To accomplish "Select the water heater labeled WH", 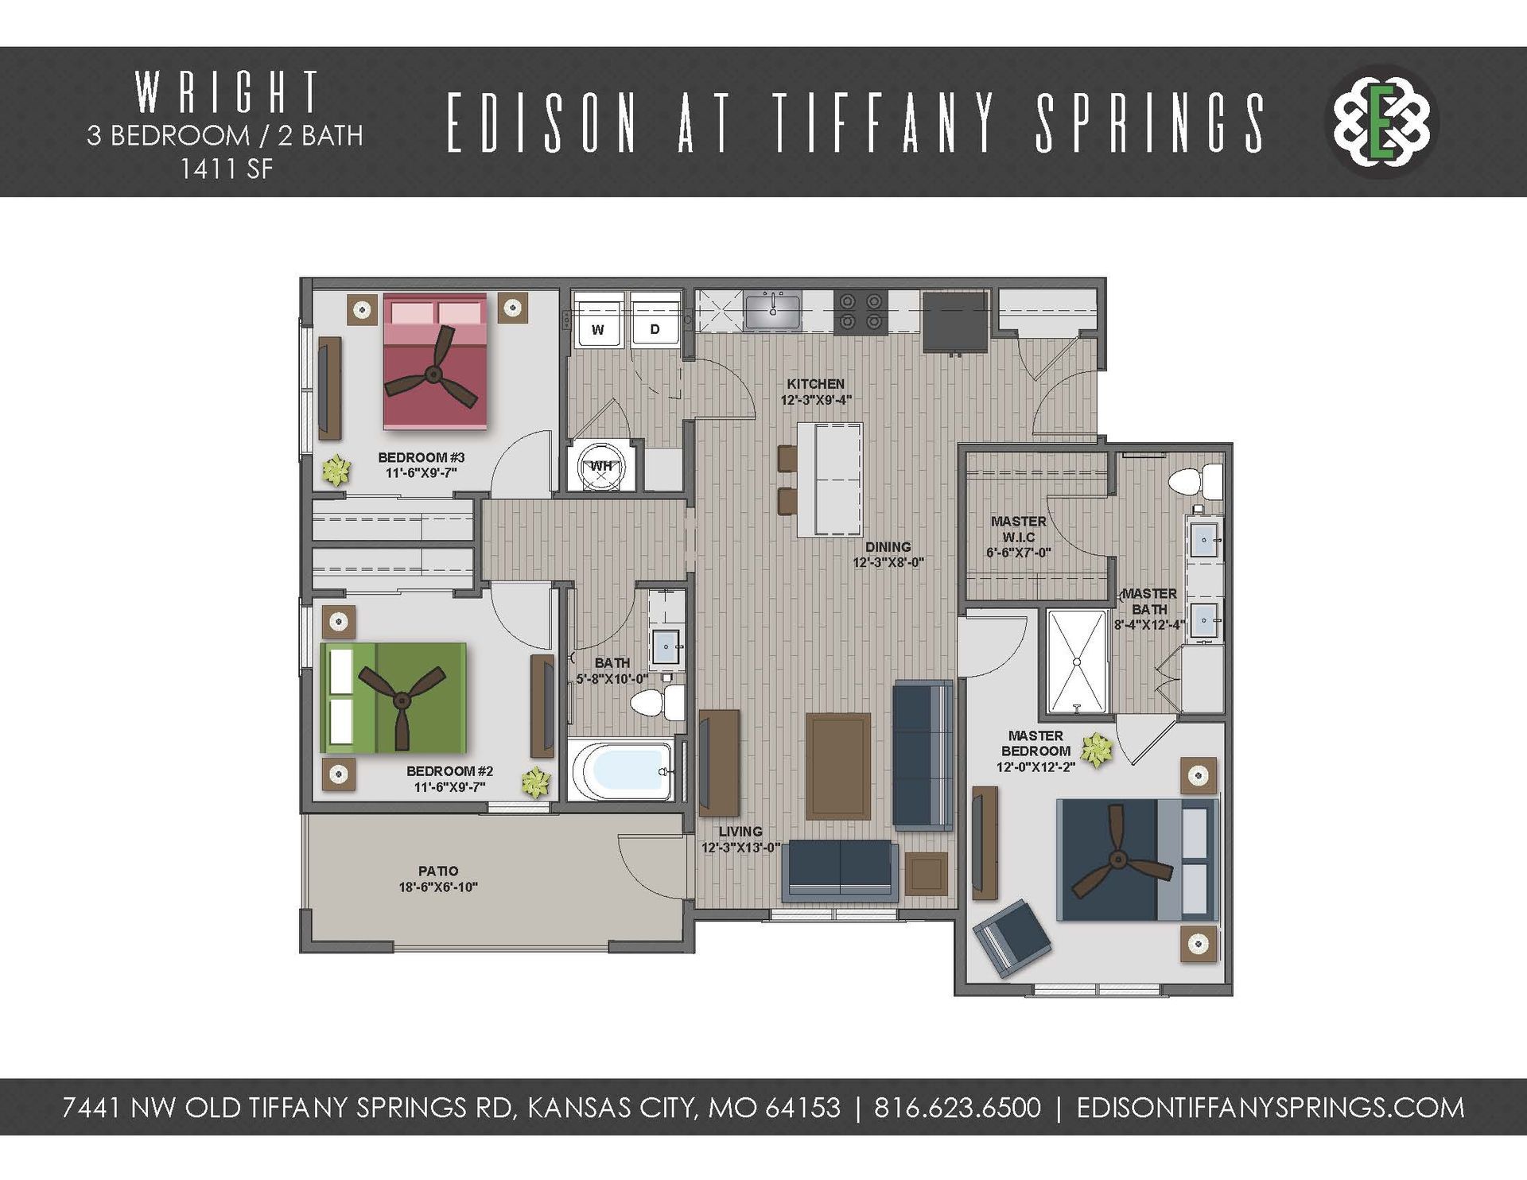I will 601,467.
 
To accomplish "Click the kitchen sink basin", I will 772,309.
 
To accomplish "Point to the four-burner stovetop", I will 860,311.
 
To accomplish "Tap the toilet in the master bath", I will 1195,481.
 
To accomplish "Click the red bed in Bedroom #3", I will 434,362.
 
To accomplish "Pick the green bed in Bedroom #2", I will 393,697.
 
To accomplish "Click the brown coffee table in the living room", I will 837,765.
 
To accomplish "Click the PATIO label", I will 438,871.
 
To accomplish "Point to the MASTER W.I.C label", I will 1019,529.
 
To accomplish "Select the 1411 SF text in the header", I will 226,169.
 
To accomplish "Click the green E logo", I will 1383,122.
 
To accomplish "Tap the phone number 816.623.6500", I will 957,1107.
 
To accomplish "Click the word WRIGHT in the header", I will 227,92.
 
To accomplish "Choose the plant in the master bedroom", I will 1097,750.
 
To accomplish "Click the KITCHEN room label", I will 815,383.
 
